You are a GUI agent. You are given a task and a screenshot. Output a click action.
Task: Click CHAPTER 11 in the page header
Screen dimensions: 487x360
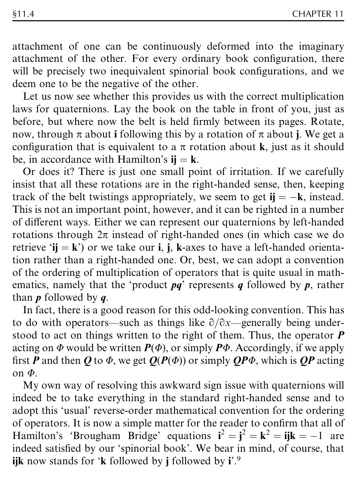point(318,14)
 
